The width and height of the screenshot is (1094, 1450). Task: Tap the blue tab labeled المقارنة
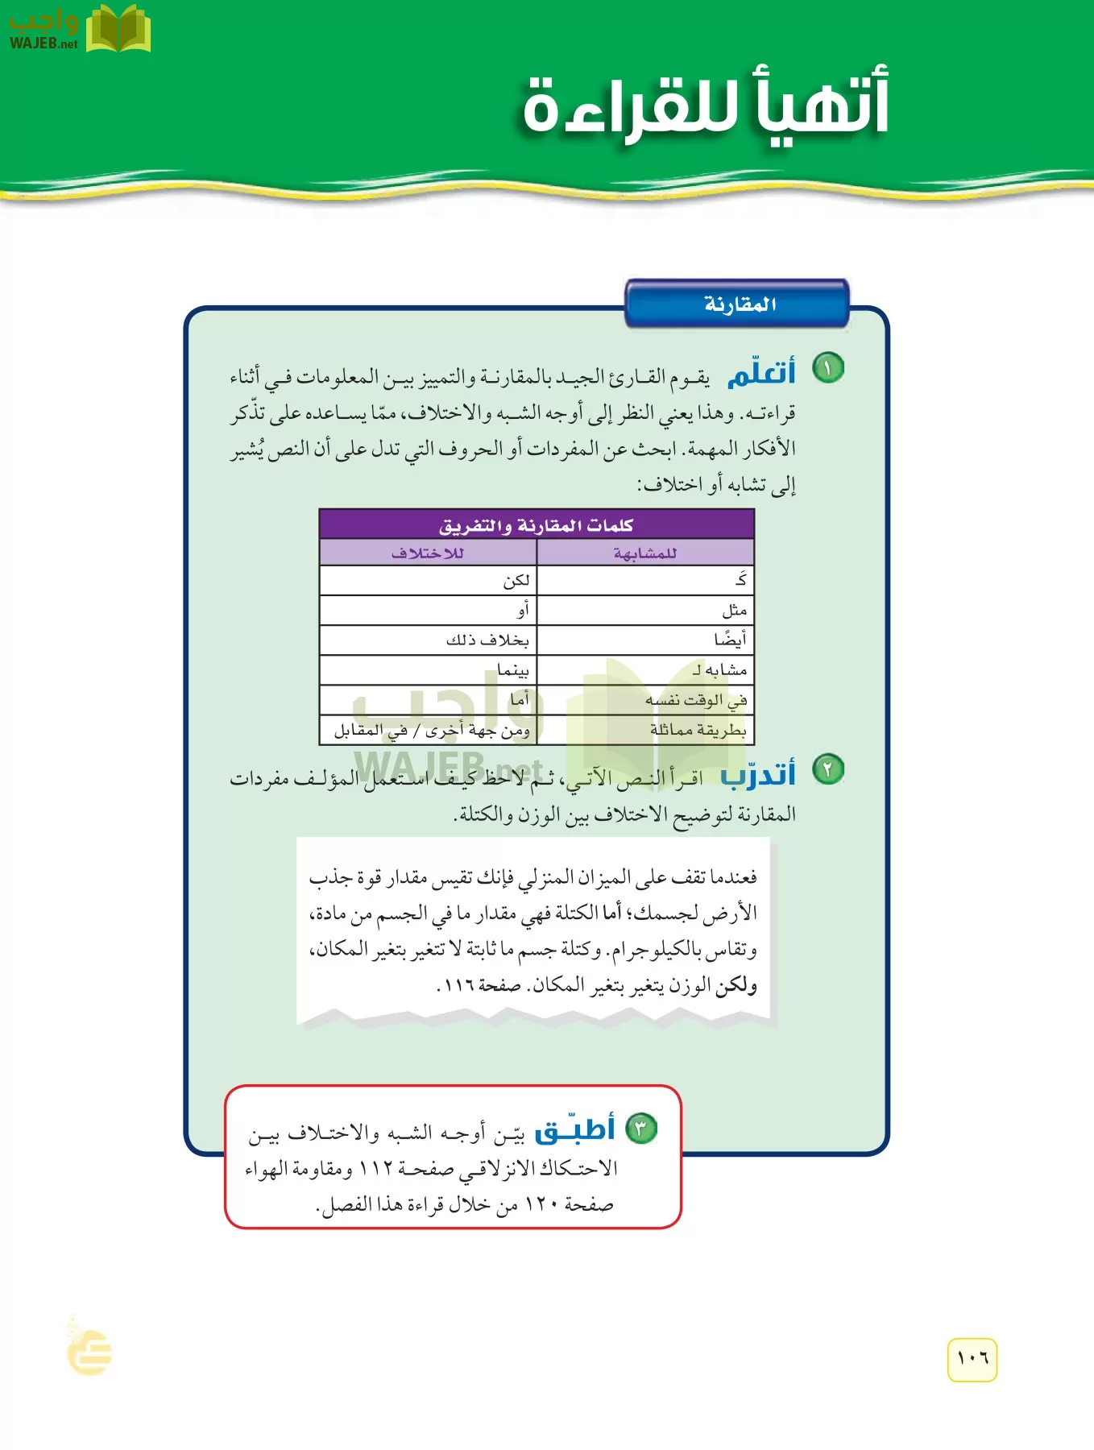coord(738,304)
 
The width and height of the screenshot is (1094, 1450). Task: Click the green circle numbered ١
coord(827,368)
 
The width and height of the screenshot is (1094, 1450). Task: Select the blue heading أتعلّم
coord(760,374)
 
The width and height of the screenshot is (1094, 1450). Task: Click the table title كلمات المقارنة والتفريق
coord(537,525)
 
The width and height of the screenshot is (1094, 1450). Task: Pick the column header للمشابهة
coord(644,553)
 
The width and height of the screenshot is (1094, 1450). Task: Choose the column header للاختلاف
coord(428,553)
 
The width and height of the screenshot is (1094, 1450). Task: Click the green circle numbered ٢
coord(827,769)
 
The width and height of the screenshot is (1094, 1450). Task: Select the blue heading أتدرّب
coord(757,774)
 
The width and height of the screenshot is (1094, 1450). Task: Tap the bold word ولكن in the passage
coord(736,984)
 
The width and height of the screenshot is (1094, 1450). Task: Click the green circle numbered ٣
coord(641,1128)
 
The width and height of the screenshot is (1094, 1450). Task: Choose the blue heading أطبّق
coord(575,1129)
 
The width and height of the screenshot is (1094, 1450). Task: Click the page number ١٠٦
coord(972,1359)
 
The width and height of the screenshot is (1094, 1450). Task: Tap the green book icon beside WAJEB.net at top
coord(118,29)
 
